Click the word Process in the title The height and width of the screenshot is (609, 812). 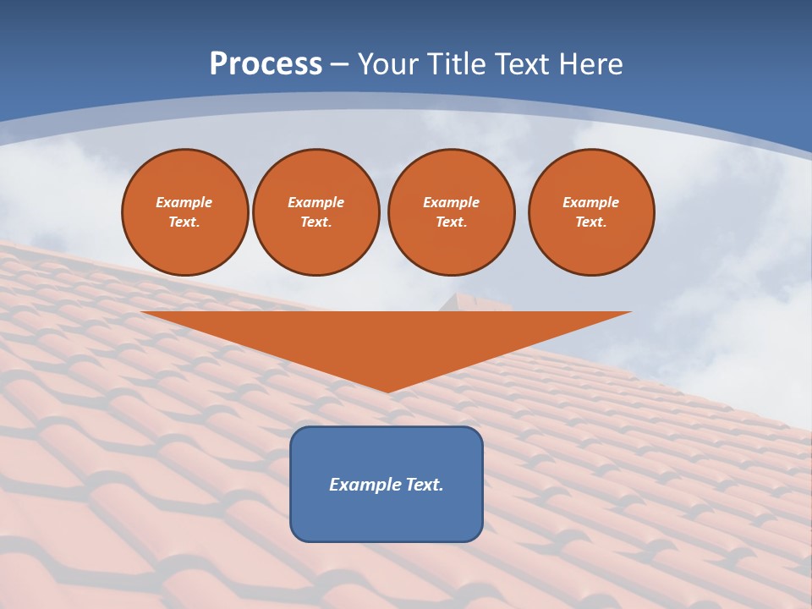point(266,64)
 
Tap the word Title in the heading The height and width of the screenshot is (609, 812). point(459,64)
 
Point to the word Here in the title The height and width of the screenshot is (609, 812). point(592,64)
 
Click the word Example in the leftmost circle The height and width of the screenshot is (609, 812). point(184,202)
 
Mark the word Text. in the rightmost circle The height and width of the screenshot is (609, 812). point(591,222)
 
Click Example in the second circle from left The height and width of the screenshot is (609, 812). point(316,202)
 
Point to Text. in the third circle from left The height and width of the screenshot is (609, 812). point(452,222)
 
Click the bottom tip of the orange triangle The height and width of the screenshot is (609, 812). point(387,390)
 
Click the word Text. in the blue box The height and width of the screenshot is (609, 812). point(424,485)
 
